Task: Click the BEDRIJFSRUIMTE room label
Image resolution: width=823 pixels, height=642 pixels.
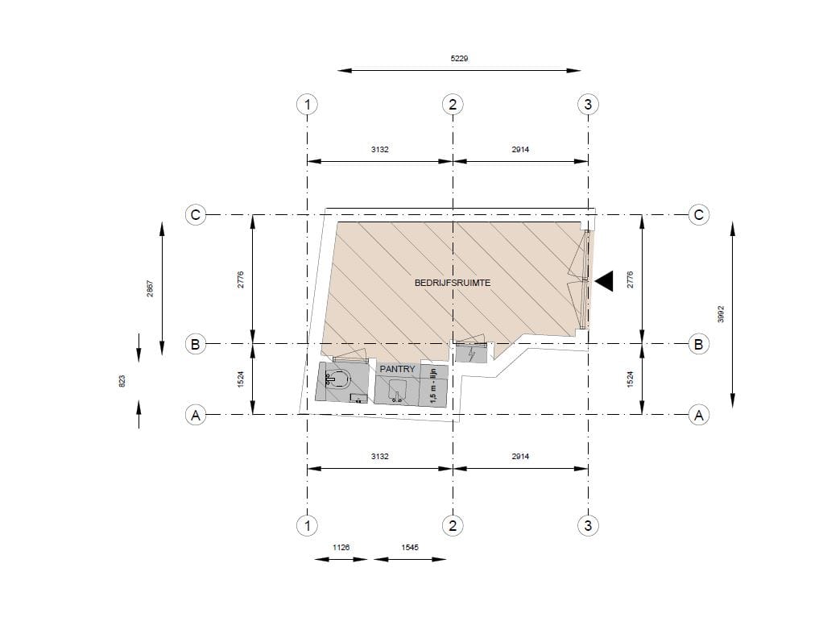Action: point(453,283)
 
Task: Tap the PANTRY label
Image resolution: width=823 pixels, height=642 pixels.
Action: point(397,369)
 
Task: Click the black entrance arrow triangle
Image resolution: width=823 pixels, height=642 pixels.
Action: point(604,281)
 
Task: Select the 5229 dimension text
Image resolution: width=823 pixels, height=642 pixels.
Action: point(459,58)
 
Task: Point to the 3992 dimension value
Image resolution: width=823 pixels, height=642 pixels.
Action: point(721,314)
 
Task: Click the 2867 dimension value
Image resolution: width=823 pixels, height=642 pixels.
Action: point(150,288)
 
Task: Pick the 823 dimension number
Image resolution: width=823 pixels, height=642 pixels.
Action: point(122,381)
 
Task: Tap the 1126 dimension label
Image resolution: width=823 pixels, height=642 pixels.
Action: point(341,547)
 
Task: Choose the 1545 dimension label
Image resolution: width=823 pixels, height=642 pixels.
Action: point(410,547)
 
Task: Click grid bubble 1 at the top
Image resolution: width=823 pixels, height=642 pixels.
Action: point(307,105)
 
